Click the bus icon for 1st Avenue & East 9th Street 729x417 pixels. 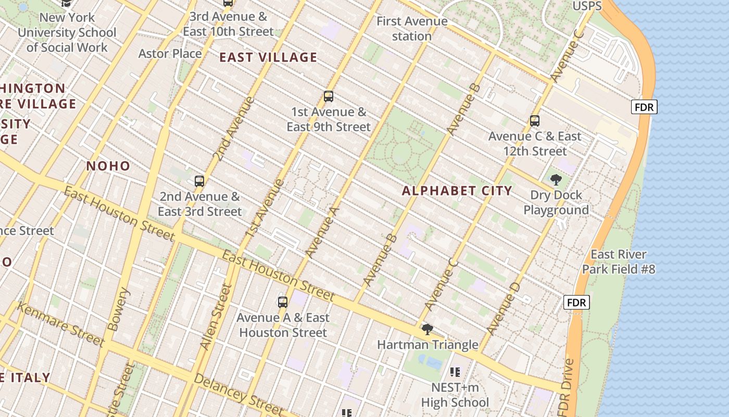coord(328,96)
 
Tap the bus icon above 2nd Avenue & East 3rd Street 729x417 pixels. coord(199,181)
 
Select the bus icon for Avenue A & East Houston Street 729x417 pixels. coord(283,302)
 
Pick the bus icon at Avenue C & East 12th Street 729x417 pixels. coord(535,121)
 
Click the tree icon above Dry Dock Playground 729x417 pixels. coord(556,180)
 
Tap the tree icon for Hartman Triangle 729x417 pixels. coord(428,329)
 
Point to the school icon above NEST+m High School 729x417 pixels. coord(455,372)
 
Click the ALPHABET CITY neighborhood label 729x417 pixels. coord(457,191)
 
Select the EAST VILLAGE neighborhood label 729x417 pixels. coord(268,57)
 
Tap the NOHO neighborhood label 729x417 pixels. coord(108,166)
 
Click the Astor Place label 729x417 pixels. coord(170,54)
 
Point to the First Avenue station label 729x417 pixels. coord(412,29)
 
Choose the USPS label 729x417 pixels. coord(587,6)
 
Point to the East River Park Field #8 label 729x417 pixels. coord(619,262)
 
